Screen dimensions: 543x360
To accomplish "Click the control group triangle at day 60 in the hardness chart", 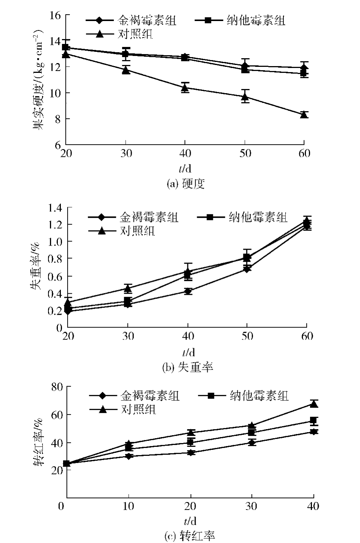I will [304, 115].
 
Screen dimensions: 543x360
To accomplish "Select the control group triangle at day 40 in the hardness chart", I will [185, 88].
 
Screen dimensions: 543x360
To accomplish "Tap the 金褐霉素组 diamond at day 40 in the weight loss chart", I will [188, 291].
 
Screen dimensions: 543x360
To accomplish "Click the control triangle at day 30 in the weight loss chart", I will [128, 288].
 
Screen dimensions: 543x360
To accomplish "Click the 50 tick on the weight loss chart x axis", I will [247, 336].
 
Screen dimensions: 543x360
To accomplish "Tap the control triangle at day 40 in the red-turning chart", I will [314, 404].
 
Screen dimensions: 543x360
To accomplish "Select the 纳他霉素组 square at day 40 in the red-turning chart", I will [314, 420].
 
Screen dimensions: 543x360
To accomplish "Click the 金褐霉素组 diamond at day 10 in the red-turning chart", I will [129, 456].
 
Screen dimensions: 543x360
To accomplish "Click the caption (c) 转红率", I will [190, 535].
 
